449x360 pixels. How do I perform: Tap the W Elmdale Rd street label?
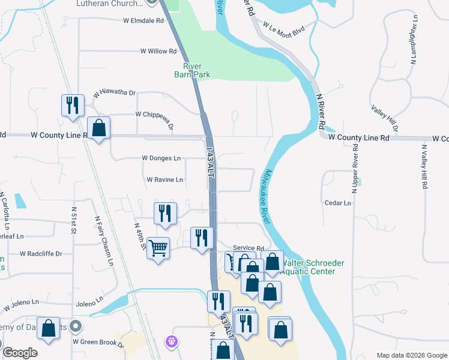143,20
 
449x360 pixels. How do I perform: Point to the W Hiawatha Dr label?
114,94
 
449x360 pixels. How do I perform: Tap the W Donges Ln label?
161,158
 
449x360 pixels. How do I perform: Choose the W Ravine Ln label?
164,179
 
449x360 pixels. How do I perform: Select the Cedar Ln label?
337,203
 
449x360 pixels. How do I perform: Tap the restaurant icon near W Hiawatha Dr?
73,105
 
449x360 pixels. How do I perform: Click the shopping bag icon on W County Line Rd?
98,127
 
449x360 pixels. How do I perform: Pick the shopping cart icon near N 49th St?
158,247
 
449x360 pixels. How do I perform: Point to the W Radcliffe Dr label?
41,254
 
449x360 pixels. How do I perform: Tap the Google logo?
20,353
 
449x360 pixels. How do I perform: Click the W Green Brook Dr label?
98,342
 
